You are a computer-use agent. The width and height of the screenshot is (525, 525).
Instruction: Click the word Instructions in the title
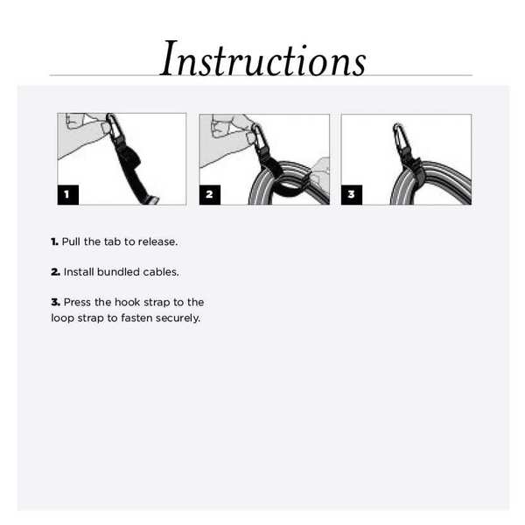[262, 59]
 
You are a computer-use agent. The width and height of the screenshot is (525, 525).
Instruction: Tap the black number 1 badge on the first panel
[68, 194]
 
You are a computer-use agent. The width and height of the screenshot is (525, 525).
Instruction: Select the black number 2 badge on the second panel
[210, 194]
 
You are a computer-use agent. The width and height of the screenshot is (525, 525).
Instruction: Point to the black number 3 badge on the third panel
[352, 194]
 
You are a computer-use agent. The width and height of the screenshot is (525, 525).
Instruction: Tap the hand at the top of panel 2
[229, 128]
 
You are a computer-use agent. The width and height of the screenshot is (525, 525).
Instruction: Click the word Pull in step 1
[71, 241]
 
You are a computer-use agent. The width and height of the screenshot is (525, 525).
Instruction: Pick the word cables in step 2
[160, 272]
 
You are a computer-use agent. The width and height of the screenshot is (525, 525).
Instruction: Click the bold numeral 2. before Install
[55, 272]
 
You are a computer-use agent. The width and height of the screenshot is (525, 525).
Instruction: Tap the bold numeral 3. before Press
[55, 303]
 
